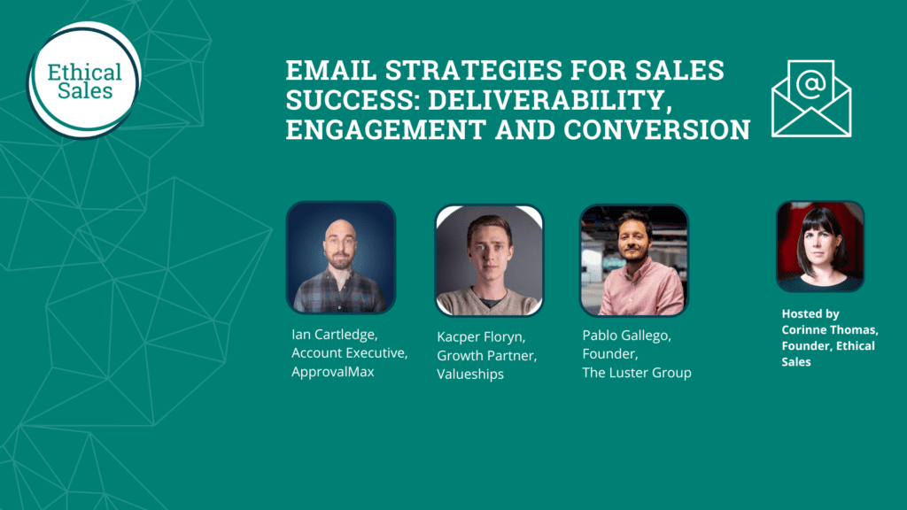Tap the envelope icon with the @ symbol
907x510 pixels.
point(810,98)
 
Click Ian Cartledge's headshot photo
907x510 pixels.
point(341,258)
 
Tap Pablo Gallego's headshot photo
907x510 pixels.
point(633,259)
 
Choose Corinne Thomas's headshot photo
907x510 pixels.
point(820,246)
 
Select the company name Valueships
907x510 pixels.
point(470,375)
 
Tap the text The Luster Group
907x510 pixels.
point(636,373)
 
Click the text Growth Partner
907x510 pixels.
point(486,356)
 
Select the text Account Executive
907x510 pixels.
point(349,353)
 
